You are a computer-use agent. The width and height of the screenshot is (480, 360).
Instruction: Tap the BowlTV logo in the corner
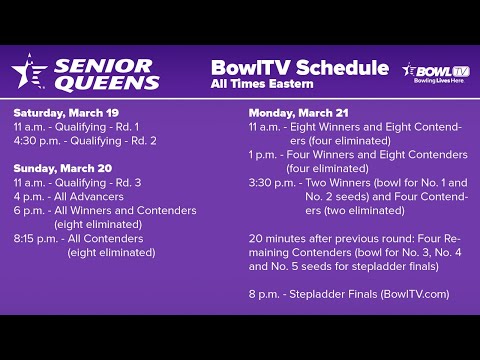(435, 73)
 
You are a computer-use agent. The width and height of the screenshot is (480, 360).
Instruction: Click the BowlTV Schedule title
(299, 68)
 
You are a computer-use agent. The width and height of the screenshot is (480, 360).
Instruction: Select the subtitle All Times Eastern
(262, 84)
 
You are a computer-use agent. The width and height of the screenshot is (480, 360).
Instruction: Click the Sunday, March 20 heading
(60, 169)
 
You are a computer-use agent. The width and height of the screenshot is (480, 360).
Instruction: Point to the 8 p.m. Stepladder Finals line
(349, 294)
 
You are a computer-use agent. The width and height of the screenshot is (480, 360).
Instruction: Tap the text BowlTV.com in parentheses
(415, 294)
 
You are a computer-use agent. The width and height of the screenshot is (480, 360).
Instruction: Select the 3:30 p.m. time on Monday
(268, 183)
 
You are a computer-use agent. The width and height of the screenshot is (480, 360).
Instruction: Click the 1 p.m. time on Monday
(262, 155)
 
